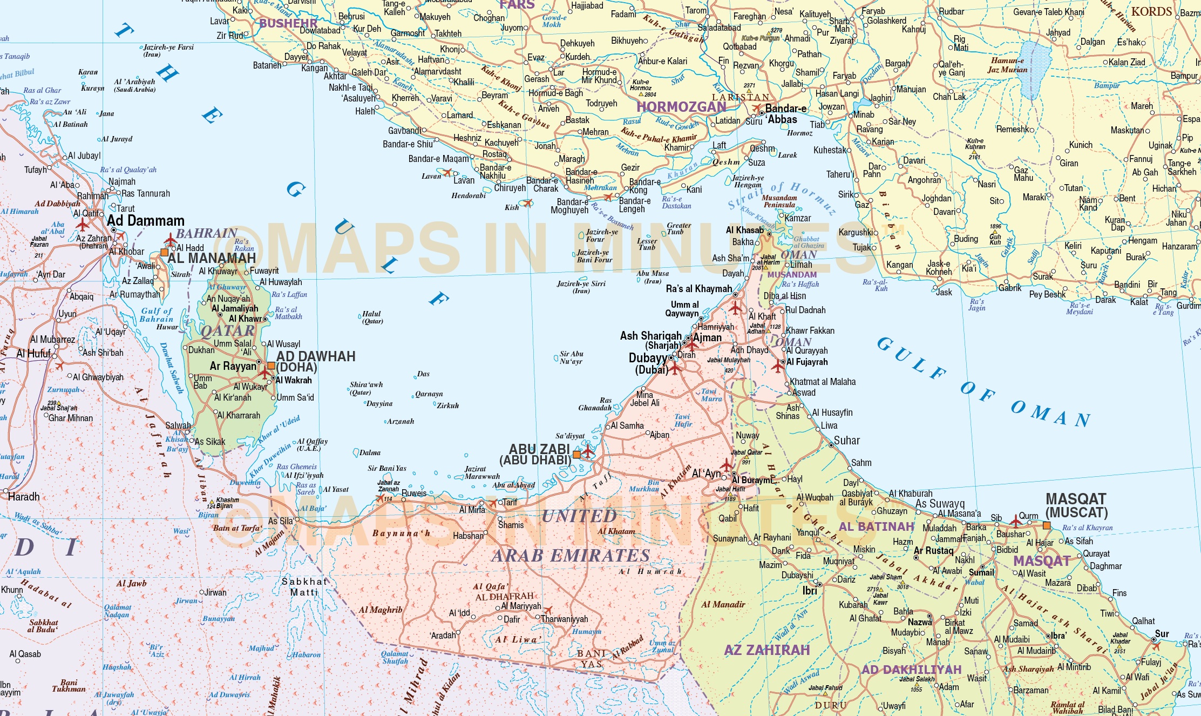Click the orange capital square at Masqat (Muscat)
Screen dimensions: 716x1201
point(1047,525)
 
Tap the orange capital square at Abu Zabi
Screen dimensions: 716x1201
point(576,454)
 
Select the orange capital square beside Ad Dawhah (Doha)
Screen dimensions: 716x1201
point(271,366)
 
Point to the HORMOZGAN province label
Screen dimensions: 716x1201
point(681,107)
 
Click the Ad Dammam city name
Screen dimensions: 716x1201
point(146,221)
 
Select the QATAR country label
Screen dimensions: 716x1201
point(227,330)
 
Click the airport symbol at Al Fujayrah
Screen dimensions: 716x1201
point(777,367)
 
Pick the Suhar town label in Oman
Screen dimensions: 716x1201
point(846,441)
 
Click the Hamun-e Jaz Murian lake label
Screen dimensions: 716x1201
point(1007,65)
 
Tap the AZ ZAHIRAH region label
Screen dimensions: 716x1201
point(766,650)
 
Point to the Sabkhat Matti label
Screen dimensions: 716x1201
point(304,587)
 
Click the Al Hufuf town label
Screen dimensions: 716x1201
point(33,354)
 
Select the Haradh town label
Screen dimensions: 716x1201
point(24,496)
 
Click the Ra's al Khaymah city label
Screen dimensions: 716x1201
point(698,289)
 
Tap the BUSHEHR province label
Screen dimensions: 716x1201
point(288,23)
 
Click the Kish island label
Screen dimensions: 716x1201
point(511,207)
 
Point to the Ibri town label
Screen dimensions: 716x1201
point(810,591)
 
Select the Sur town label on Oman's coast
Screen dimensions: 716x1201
point(1162,633)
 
